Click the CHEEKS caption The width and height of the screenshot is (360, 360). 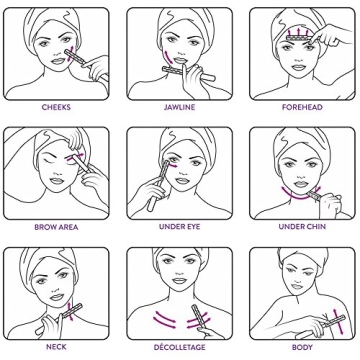[56, 107]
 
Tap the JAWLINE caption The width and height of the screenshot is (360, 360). [179, 107]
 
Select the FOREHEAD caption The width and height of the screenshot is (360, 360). [302, 107]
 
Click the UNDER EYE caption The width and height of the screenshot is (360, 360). [179, 227]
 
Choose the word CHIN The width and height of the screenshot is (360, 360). [315, 227]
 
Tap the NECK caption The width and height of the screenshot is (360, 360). [56, 347]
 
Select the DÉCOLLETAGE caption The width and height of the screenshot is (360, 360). [179, 347]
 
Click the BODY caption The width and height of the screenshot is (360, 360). [302, 347]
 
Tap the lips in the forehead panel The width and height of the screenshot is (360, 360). [299, 68]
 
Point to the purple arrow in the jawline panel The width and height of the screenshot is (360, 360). [170, 56]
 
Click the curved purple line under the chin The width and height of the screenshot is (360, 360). [299, 197]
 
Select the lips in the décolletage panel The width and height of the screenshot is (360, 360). [179, 281]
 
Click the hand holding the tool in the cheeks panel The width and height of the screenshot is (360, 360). [96, 68]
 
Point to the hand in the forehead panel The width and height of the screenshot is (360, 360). [331, 36]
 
